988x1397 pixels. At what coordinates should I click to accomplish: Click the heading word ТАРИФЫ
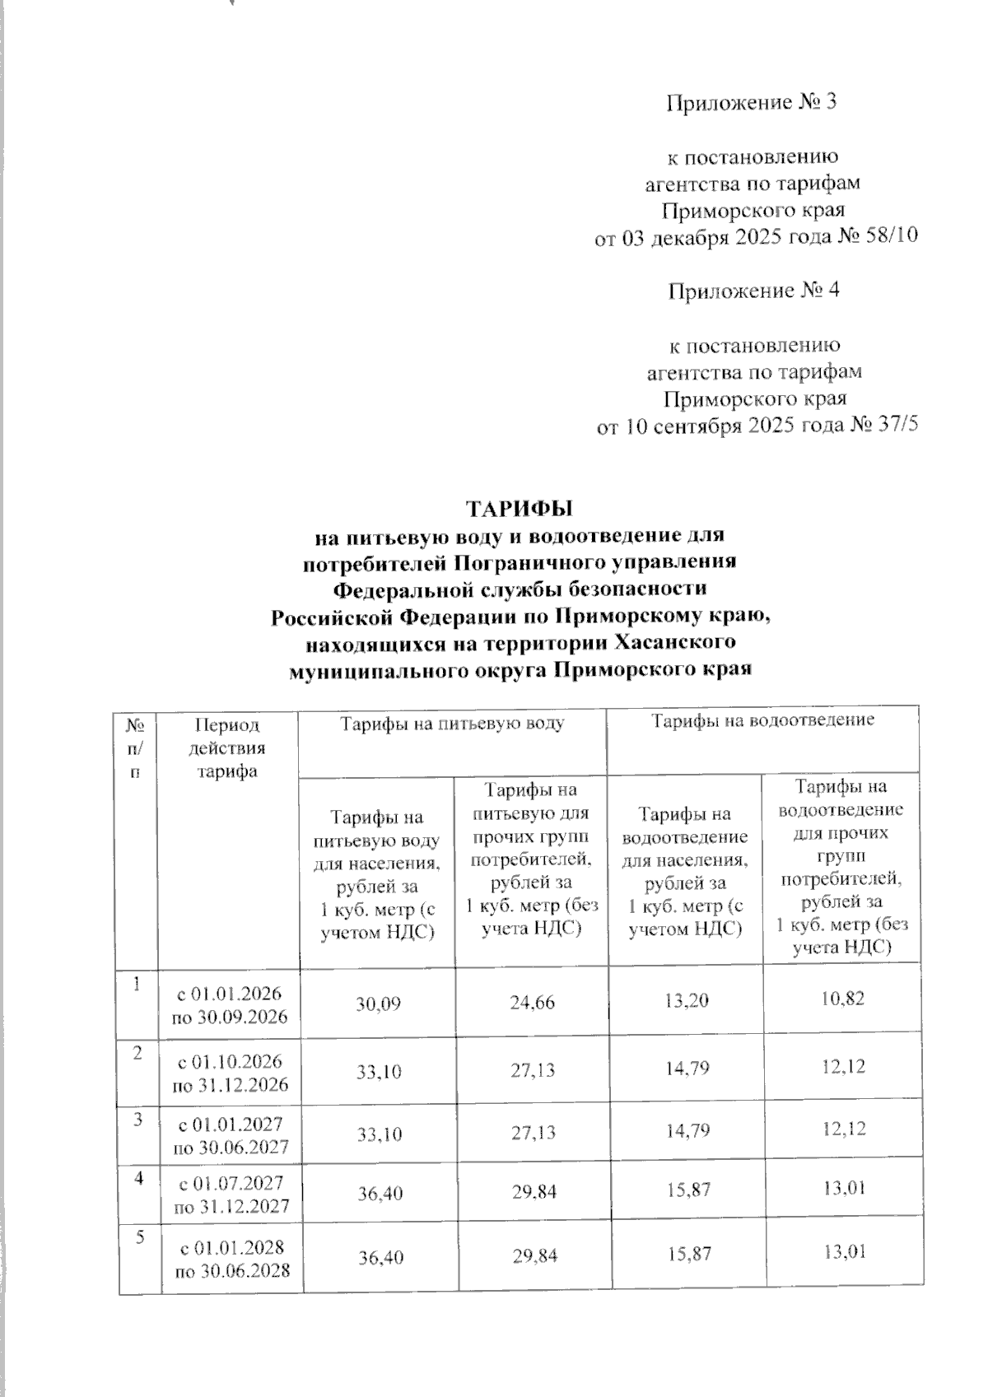[519, 505]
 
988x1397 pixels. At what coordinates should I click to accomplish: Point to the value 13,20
[686, 1001]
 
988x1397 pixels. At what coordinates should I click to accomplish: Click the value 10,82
[843, 999]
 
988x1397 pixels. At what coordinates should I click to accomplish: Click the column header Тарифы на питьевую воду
[453, 724]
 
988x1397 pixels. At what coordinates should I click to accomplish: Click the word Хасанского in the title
[675, 641]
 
